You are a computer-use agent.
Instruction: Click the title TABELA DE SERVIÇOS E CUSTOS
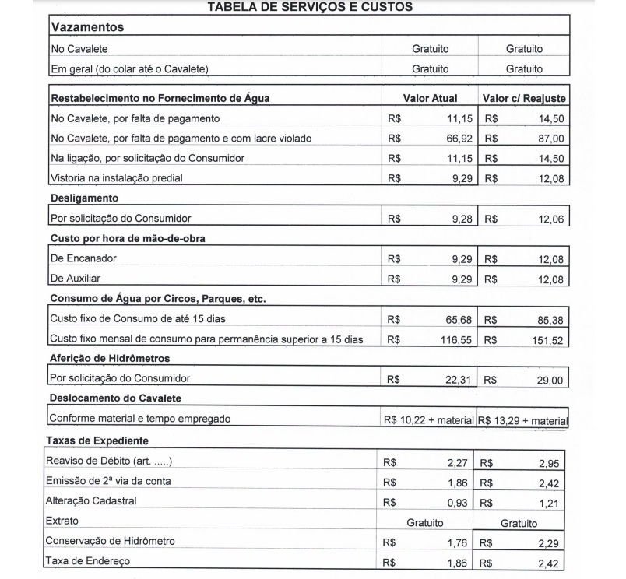point(310,7)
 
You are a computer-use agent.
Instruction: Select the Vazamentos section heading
point(87,27)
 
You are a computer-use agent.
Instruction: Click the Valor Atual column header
point(430,99)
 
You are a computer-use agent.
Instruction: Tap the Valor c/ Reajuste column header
point(524,99)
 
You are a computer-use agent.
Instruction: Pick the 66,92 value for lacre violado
point(458,139)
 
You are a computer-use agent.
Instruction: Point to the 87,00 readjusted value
point(550,139)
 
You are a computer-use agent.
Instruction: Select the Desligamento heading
point(84,198)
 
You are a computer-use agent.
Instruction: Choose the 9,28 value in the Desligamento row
point(462,219)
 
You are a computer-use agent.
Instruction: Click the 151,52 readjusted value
point(547,340)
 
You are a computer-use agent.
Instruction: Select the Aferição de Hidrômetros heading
point(110,359)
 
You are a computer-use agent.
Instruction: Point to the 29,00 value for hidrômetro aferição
point(550,381)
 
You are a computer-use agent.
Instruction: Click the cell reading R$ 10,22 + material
point(428,420)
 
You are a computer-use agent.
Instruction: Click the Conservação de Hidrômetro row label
point(110,541)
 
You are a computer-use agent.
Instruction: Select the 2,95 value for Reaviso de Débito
point(548,464)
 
